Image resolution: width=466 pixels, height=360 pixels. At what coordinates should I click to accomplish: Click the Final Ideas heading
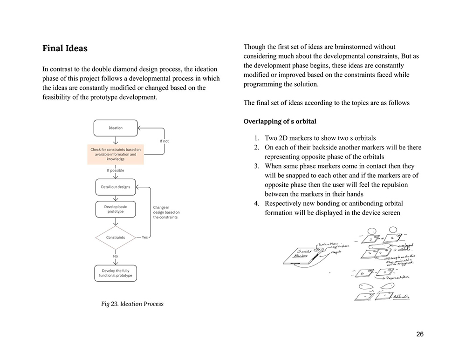point(65,48)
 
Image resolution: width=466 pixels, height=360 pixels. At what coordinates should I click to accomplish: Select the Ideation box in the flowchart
point(116,128)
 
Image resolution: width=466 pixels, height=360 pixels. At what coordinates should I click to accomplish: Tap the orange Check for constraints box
point(115,154)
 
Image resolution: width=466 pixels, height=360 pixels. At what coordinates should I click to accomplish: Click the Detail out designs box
point(116,187)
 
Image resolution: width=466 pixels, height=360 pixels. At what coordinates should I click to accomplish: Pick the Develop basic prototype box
point(116,209)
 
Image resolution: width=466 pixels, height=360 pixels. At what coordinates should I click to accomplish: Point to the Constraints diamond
point(116,238)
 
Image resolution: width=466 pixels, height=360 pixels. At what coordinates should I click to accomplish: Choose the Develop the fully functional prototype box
point(116,273)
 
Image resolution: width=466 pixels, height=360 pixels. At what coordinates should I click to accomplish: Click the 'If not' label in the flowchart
point(164,141)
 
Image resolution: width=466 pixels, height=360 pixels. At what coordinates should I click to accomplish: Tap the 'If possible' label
point(116,170)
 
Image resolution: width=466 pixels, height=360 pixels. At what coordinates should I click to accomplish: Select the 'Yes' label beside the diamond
point(144,238)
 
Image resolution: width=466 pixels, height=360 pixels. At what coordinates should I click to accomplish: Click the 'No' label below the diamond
point(116,256)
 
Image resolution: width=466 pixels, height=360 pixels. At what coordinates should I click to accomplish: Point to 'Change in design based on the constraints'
point(166,212)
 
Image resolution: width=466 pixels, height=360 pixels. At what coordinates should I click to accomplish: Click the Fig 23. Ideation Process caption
point(132,304)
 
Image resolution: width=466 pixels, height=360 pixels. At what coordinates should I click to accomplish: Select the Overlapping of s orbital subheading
point(280,122)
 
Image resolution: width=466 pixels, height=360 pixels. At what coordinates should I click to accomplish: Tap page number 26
point(420,334)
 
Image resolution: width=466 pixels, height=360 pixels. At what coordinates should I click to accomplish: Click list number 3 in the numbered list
point(256,166)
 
